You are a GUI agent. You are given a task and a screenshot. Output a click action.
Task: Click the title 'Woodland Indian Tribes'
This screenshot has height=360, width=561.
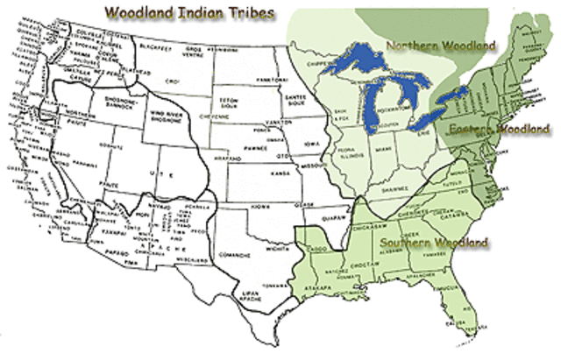tap(187, 14)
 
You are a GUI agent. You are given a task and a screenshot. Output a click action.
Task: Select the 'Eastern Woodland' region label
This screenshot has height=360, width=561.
tap(498, 129)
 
